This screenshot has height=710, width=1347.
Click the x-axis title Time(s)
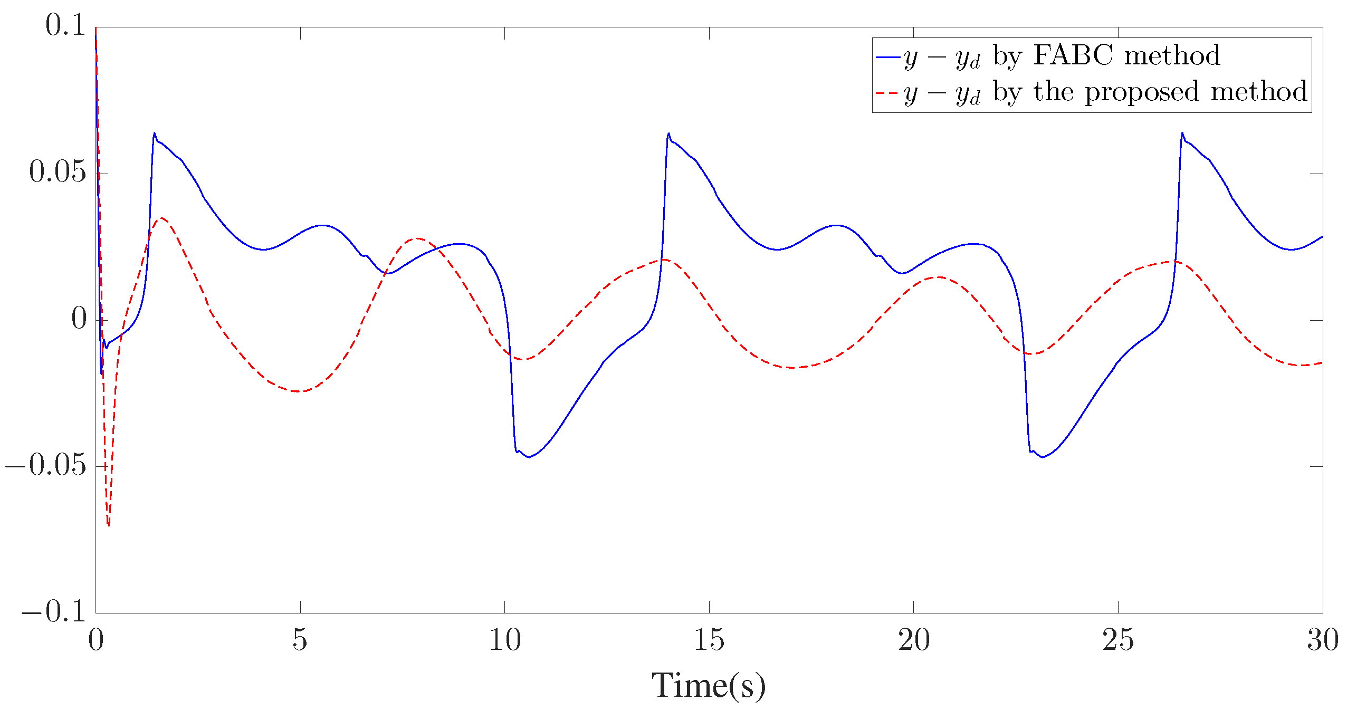pos(708,686)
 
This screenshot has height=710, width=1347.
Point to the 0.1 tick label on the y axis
pos(65,25)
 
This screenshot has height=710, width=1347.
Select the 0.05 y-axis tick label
pos(58,172)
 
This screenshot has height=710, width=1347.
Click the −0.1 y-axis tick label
pos(53,611)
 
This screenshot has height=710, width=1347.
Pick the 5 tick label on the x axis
pos(300,640)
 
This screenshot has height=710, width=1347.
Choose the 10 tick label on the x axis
pos(504,640)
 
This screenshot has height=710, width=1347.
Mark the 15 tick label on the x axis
pos(709,640)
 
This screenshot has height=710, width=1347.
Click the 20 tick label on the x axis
pos(913,640)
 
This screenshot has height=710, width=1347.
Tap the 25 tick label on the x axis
pos(1117,640)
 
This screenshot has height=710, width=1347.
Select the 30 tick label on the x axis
pos(1322,640)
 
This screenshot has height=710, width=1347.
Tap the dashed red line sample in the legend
pos(887,93)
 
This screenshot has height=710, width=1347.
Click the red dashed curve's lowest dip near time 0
pos(109,524)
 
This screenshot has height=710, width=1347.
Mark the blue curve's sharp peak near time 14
pos(668,133)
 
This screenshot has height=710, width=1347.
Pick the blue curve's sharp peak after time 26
pos(1182,133)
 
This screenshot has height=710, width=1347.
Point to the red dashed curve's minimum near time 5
pos(299,391)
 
